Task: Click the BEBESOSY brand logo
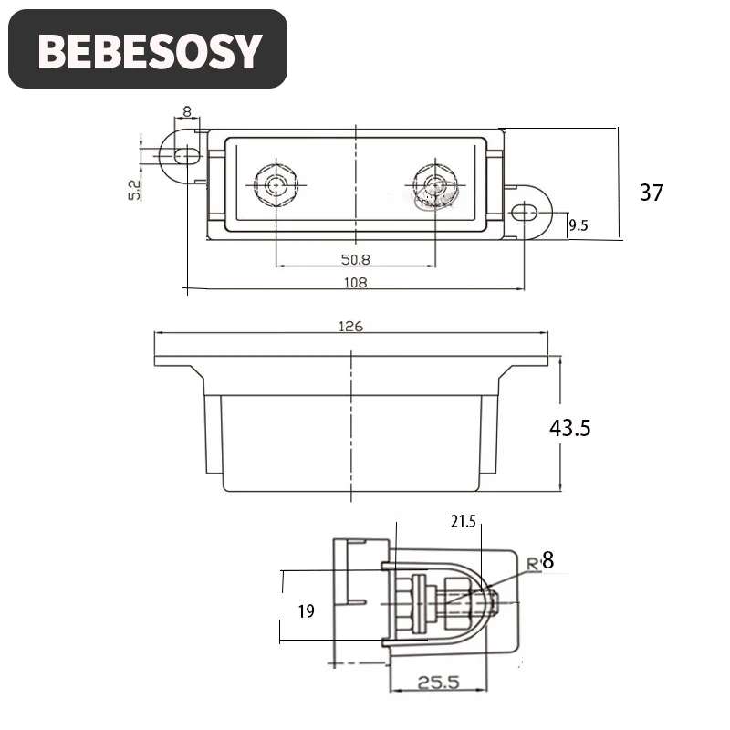click(x=148, y=49)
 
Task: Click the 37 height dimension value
click(x=652, y=193)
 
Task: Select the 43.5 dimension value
click(x=569, y=428)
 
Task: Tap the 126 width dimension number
click(x=350, y=327)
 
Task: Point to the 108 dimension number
click(x=355, y=283)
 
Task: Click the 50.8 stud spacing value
click(x=356, y=259)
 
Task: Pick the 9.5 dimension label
click(x=579, y=225)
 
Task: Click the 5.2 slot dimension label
click(x=134, y=190)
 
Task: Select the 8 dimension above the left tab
click(x=187, y=111)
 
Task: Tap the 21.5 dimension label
click(x=464, y=521)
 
